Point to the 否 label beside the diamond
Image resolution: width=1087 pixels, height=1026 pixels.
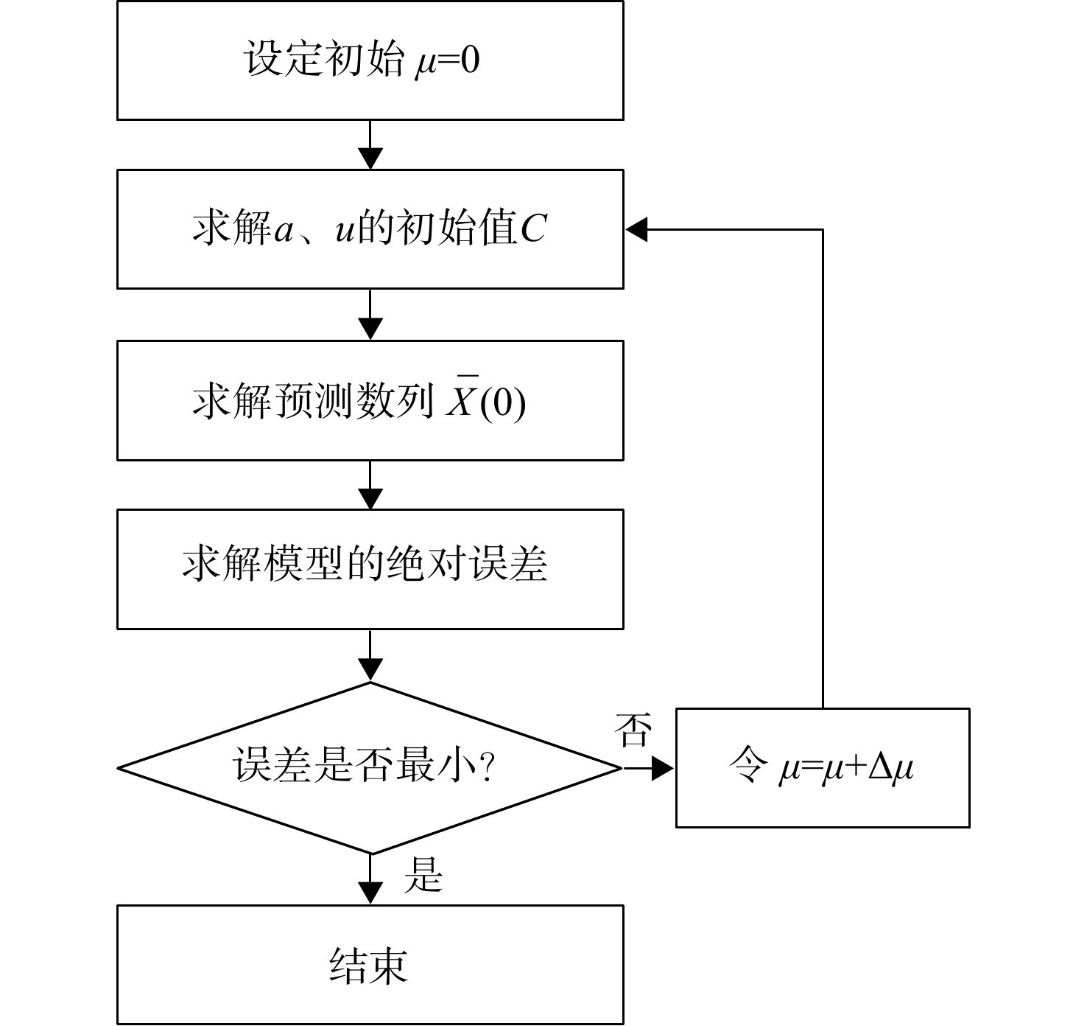pos(633,730)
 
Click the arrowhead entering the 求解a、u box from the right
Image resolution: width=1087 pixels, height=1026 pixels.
pos(636,229)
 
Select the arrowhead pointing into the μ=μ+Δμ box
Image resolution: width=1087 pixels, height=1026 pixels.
pos(663,768)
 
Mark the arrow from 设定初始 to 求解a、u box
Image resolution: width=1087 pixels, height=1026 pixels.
pos(370,144)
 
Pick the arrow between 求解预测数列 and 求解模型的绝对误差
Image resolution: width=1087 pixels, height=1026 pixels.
pos(370,485)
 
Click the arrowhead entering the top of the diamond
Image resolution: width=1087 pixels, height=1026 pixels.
pos(370,670)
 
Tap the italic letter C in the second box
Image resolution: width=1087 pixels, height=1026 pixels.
pos(534,228)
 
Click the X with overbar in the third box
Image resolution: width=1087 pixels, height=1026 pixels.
pos(462,397)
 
